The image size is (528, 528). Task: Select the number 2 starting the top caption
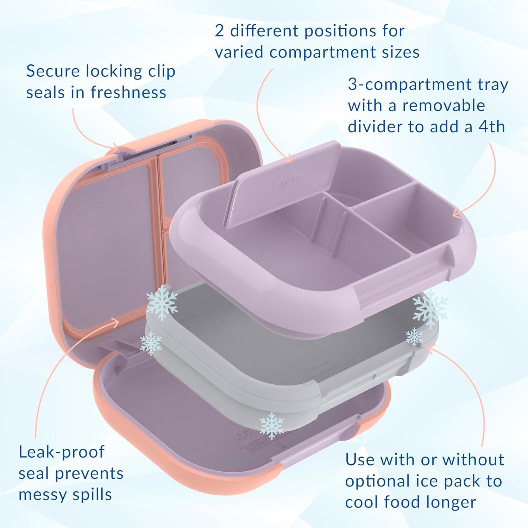tap(219, 31)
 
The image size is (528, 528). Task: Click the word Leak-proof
tap(62, 452)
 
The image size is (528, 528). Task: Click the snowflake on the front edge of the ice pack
tap(271, 425)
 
